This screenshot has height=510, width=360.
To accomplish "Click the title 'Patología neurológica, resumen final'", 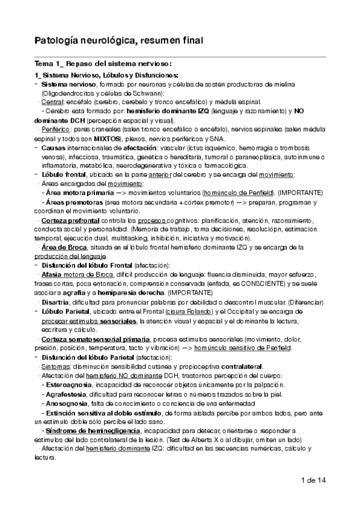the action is pos(118,40).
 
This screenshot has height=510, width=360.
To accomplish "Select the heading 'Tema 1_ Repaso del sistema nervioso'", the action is pos(103,64).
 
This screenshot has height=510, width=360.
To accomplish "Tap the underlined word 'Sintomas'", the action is pos(54,366).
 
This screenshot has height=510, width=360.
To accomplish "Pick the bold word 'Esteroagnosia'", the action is pos(71,384).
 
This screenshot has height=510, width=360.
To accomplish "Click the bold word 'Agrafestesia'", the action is pos(68,393).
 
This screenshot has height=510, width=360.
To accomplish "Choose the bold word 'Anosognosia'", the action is pos(67,402).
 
